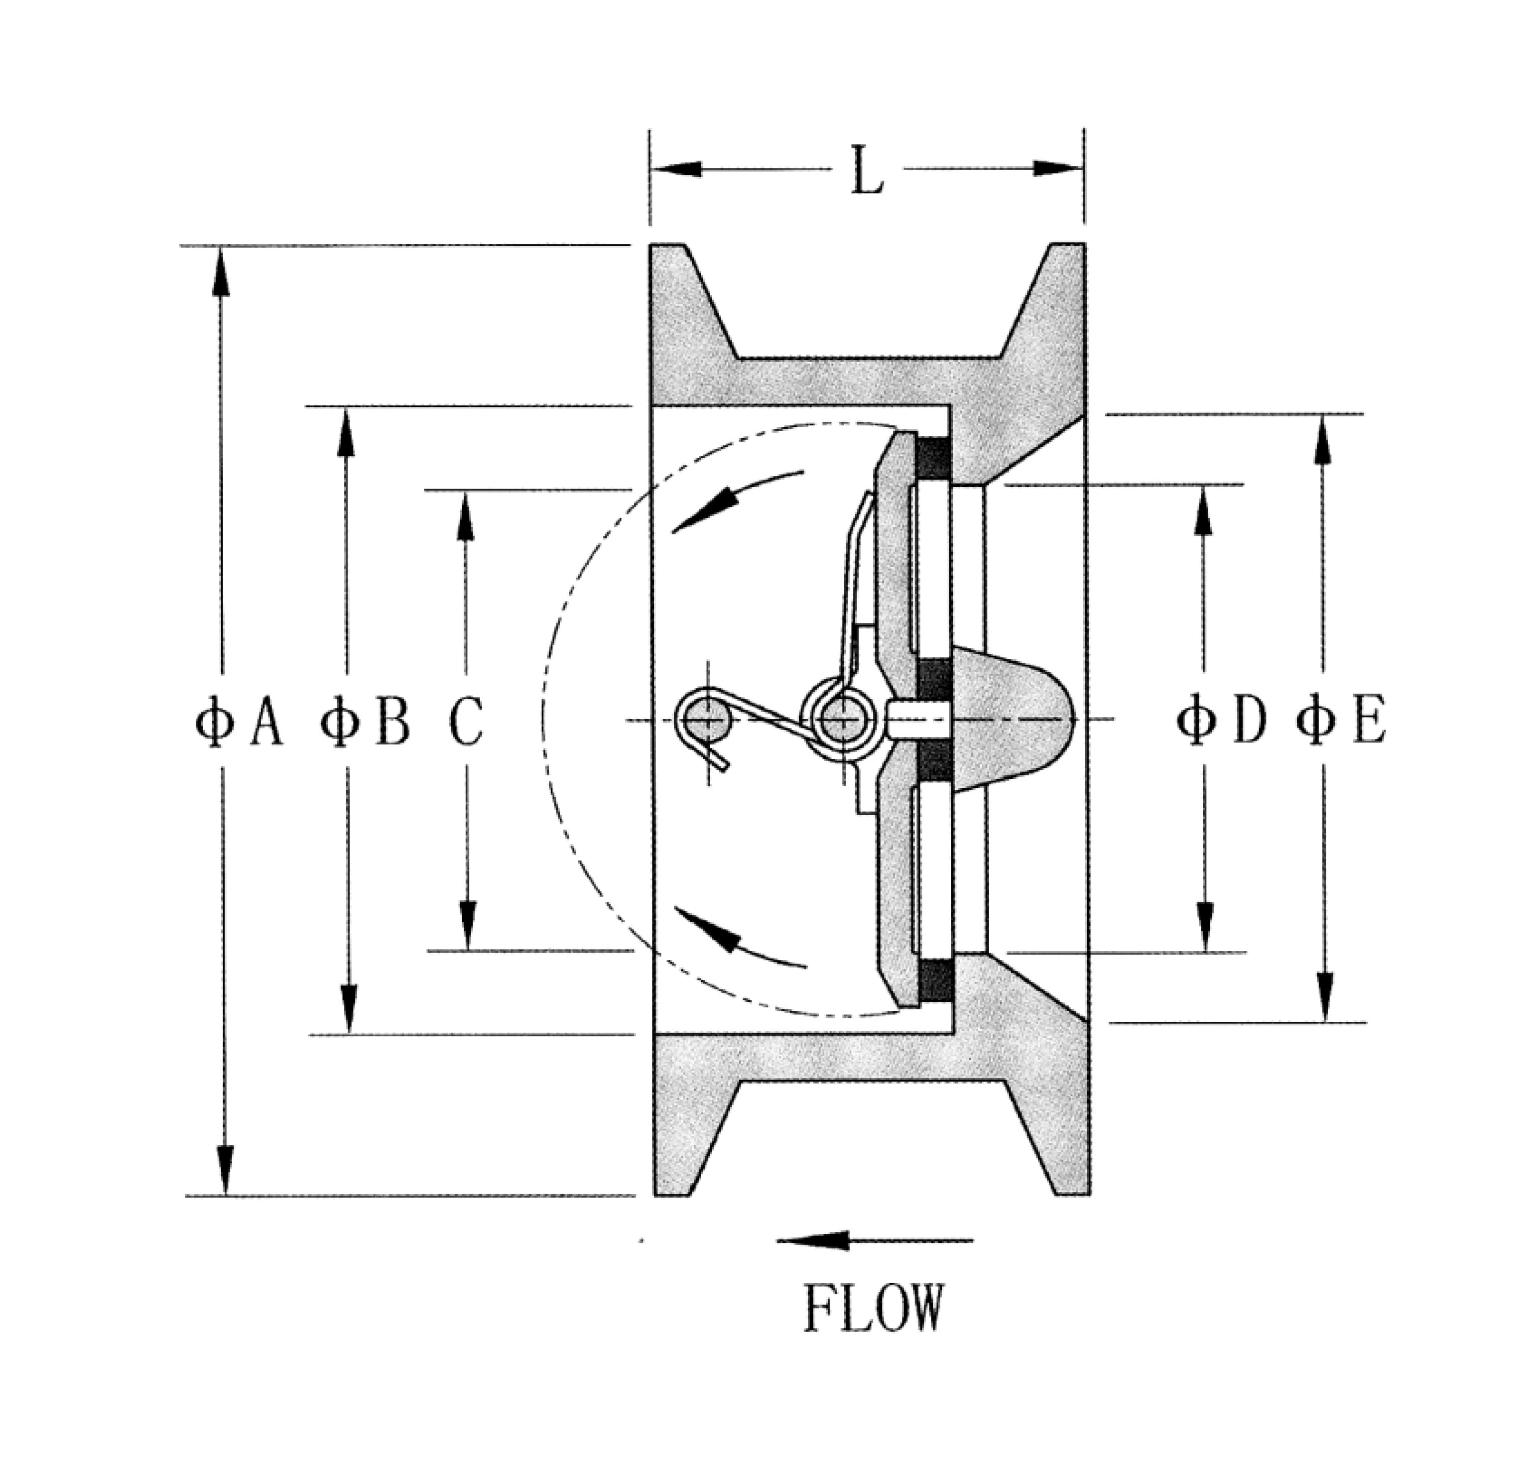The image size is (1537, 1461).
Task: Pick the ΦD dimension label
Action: [1220, 721]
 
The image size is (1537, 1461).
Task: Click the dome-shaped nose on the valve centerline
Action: [1013, 719]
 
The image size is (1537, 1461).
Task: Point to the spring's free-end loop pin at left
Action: [707, 719]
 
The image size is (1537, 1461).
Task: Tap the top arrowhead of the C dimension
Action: [465, 515]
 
